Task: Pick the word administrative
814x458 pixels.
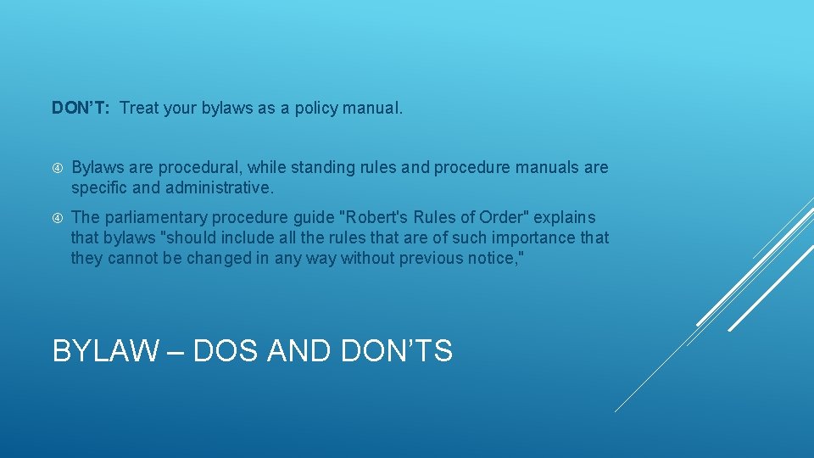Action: (220, 187)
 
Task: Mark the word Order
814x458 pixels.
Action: (502, 218)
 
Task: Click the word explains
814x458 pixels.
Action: (565, 218)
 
